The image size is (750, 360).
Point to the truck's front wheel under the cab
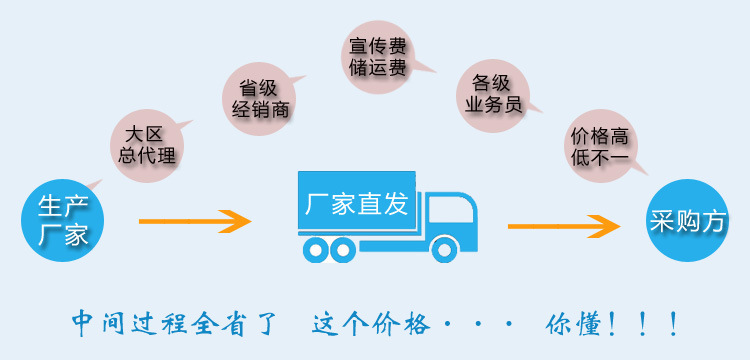tap(444, 250)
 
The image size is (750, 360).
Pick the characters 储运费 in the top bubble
tap(378, 69)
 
